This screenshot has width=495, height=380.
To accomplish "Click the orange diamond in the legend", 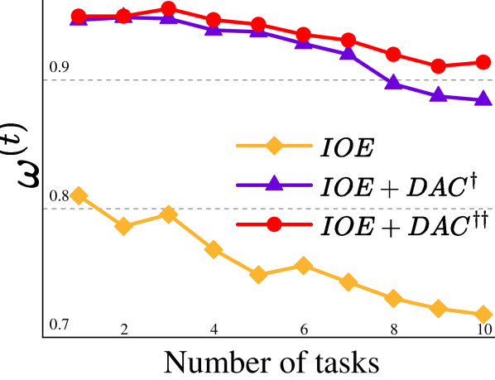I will click(x=274, y=146).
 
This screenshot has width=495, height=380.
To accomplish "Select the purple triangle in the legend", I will click(x=274, y=184).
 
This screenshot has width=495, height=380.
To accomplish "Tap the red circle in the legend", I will click(x=274, y=224).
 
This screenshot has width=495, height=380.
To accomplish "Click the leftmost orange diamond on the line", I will click(x=79, y=195).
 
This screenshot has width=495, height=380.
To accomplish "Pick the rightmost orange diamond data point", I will click(x=484, y=314).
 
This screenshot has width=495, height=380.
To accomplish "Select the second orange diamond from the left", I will click(x=123, y=226).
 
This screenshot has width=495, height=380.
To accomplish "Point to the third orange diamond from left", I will click(x=168, y=214).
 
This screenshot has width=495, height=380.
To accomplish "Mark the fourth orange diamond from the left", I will click(x=214, y=249).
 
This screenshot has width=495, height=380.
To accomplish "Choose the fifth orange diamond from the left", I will click(x=258, y=274).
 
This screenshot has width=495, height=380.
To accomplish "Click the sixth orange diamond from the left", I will click(x=304, y=266).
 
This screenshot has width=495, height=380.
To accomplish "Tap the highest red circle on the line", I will click(x=168, y=9).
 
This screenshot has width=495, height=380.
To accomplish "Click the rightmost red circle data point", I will click(x=484, y=62).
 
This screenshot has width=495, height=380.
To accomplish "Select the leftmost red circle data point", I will click(x=79, y=16).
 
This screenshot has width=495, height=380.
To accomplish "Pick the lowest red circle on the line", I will click(x=439, y=65).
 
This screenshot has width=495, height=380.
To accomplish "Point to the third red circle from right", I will click(x=394, y=54).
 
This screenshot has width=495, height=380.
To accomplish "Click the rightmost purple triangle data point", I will click(x=484, y=99).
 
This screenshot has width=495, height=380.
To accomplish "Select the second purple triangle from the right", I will click(x=439, y=94).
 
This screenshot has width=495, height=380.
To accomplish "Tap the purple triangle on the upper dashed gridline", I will click(x=394, y=81).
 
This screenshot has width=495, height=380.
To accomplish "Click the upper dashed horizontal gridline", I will click(x=207, y=80).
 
